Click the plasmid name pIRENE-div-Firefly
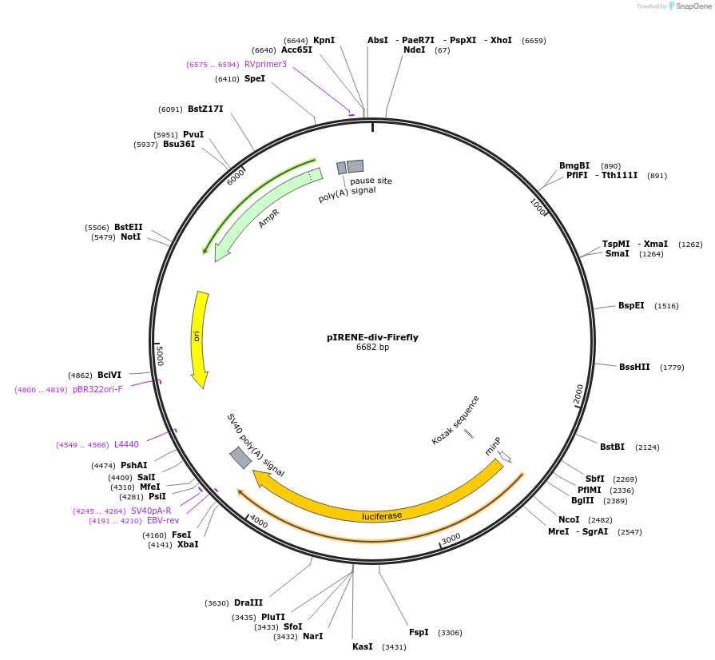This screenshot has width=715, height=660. [x=372, y=337]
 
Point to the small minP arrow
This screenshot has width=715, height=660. [x=504, y=457]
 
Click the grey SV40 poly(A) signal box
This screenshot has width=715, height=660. [x=240, y=458]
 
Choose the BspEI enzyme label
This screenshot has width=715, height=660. [x=631, y=306]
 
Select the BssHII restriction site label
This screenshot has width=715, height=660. [x=634, y=368]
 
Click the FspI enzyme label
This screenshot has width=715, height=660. [x=419, y=633]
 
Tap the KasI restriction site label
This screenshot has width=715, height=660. [x=362, y=647]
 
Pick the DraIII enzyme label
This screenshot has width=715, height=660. [x=248, y=603]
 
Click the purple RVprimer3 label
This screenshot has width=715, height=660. [x=265, y=65]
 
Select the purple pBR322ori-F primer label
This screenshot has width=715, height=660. [x=97, y=390]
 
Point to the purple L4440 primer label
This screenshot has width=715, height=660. [x=126, y=445]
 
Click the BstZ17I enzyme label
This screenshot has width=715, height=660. [x=205, y=109]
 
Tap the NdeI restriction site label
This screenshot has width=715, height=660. [x=415, y=50]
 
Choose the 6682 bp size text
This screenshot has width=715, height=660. [x=372, y=348]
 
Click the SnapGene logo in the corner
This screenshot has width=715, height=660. [x=689, y=6]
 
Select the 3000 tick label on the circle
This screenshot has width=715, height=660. [x=451, y=539]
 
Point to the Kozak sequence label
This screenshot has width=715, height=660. [x=455, y=419]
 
